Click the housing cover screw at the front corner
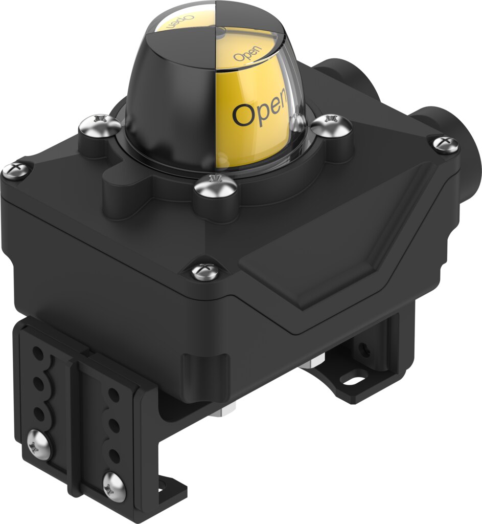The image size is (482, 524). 205,271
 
